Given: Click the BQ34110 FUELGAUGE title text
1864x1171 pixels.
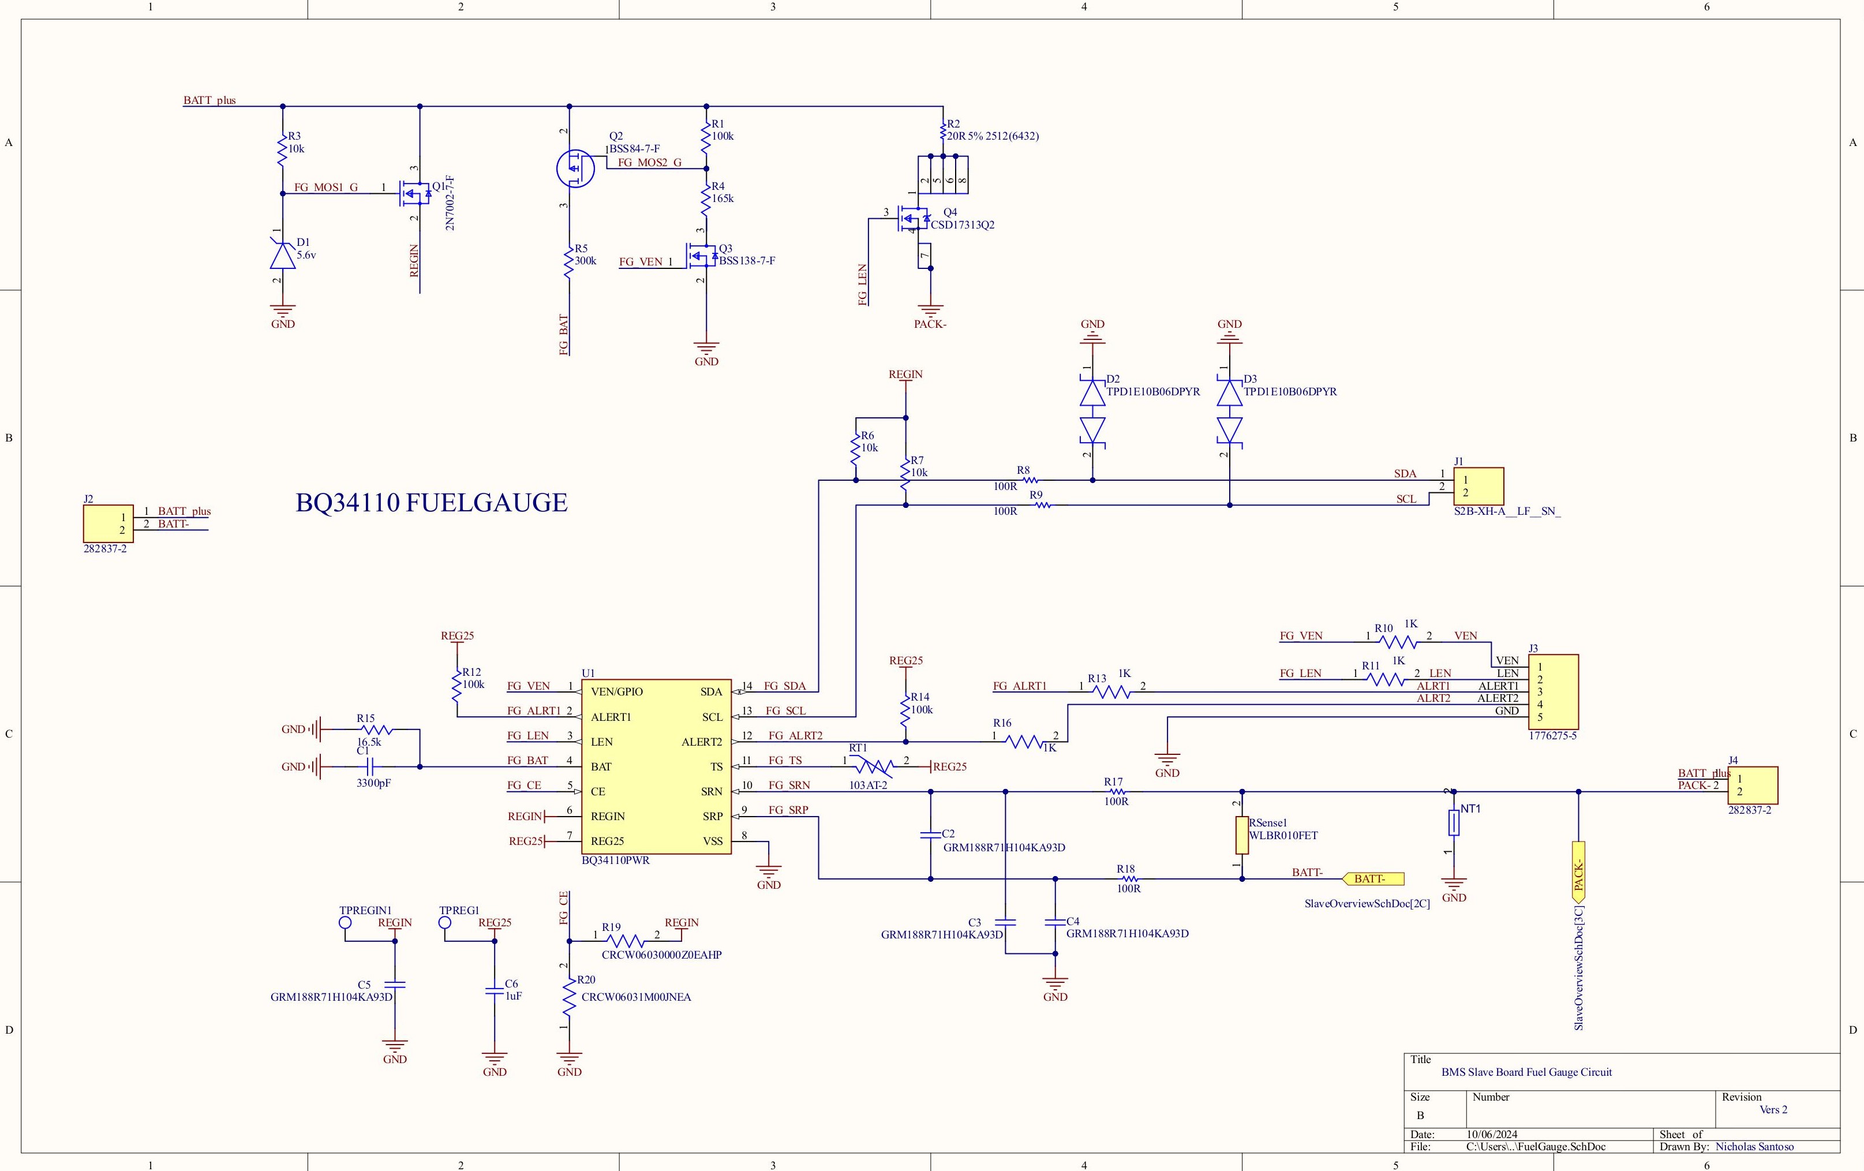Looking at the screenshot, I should click(x=431, y=503).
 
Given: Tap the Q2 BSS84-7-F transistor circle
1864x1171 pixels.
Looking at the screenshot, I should click(x=575, y=168).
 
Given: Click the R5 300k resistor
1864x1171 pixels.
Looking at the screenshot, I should click(x=570, y=261).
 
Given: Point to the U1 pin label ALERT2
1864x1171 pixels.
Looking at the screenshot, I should click(x=701, y=742).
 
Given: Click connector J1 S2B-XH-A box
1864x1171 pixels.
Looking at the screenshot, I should click(x=1478, y=487).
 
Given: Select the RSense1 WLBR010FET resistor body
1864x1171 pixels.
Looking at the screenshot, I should click(x=1242, y=835).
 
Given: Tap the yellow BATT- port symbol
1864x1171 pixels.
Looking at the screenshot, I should click(x=1374, y=878).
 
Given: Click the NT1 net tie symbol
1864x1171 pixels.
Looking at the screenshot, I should click(x=1454, y=823).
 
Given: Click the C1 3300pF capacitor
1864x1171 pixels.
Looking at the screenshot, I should click(x=370, y=767).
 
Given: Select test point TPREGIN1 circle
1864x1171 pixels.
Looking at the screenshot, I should click(x=345, y=923).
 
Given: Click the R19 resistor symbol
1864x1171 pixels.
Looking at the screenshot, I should click(x=626, y=941).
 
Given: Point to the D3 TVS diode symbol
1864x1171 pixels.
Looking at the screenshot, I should click(x=1229, y=411).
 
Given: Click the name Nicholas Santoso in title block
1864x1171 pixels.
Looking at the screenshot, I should click(x=1754, y=1146).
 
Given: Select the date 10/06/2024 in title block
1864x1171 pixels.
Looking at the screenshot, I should click(x=1492, y=1134).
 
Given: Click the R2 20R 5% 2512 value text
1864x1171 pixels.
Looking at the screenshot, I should click(x=993, y=136).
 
